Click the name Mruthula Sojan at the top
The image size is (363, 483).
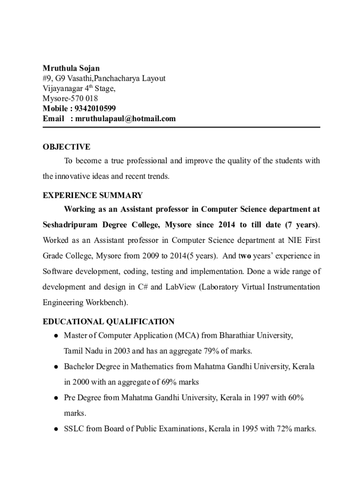71,68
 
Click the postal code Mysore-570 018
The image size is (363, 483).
70,99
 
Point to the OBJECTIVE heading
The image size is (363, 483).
66,147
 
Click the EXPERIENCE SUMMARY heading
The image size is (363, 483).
92,195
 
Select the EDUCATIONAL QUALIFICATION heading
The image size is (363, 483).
108,322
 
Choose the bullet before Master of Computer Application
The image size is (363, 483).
56,336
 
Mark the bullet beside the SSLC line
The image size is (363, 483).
56,429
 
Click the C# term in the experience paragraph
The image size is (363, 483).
144,287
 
